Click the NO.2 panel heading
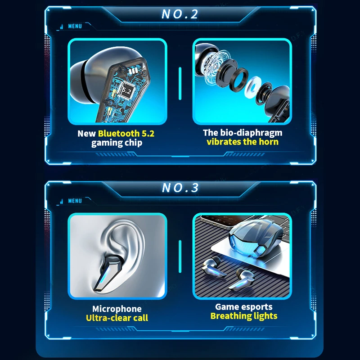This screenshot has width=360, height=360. (x=180, y=14)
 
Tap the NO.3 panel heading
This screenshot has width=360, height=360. (x=180, y=188)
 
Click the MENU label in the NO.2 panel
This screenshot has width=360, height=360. (x=75, y=27)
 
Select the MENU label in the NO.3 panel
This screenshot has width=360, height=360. (x=75, y=201)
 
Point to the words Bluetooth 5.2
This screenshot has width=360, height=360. (x=126, y=133)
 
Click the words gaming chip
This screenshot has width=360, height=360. (x=117, y=143)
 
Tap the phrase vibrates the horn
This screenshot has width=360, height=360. (x=243, y=142)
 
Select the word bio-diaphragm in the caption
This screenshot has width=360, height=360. (x=251, y=133)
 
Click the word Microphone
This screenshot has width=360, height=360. (x=117, y=309)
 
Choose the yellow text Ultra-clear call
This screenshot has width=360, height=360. (x=117, y=318)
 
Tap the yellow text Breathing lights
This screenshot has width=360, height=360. (x=244, y=316)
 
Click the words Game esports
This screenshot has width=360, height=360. (x=244, y=307)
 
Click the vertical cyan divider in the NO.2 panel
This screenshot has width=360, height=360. (x=180, y=83)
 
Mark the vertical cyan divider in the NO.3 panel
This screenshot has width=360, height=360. (x=180, y=256)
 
